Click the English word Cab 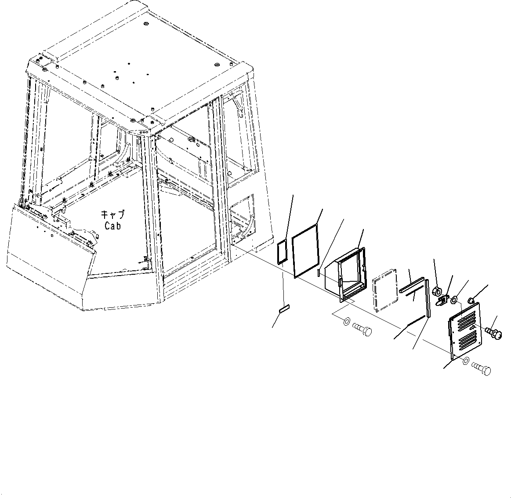[112, 226]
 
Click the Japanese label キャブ [112, 215]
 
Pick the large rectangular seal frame [305, 251]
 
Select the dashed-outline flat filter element [385, 294]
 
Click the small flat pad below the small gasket [284, 309]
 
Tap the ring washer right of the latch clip [454, 300]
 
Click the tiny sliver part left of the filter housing [318, 273]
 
